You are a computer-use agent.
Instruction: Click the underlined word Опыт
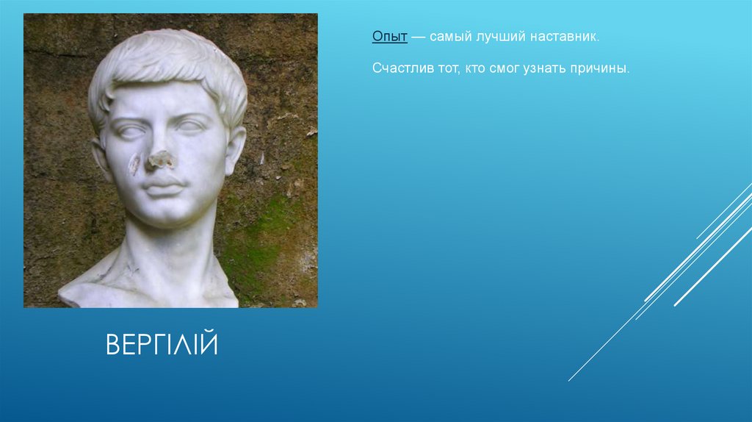click(x=389, y=36)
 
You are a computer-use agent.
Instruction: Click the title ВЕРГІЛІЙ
click(x=162, y=344)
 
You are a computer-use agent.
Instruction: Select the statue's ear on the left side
click(x=101, y=156)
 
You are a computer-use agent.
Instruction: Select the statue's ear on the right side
click(x=234, y=147)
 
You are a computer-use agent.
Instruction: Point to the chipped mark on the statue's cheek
click(x=134, y=165)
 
